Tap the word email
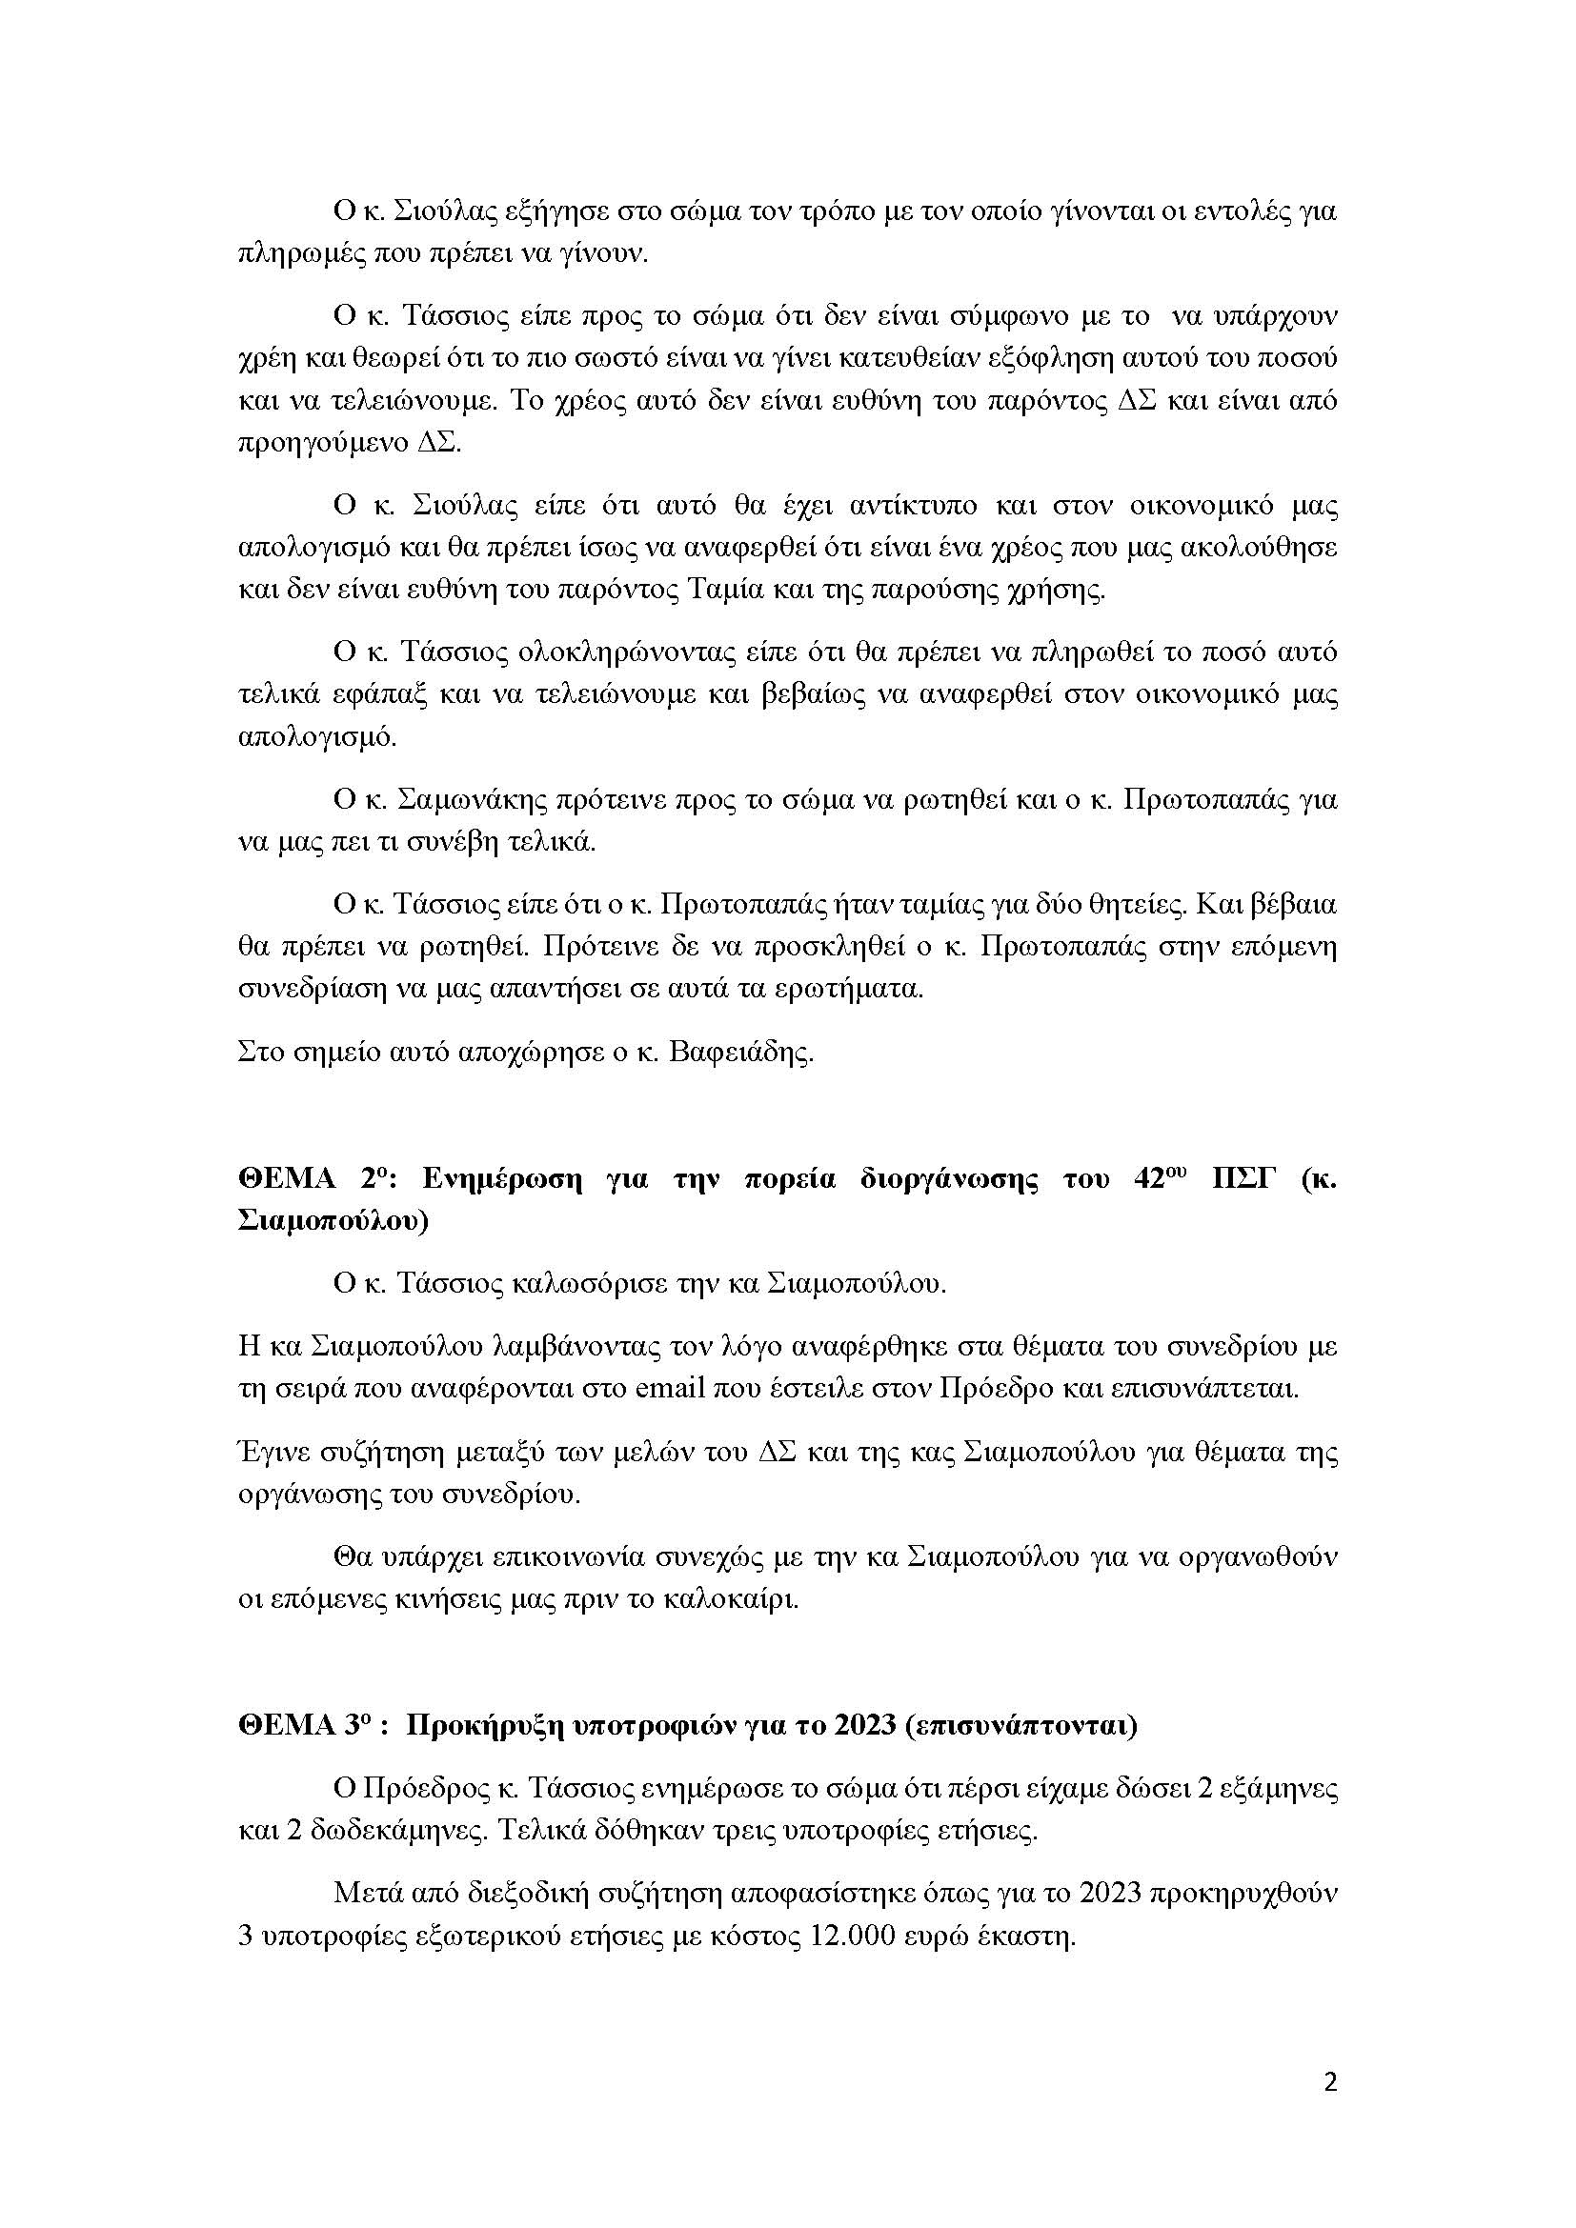670,1388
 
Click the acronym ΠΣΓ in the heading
1236,1180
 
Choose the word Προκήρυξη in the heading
456,1726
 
